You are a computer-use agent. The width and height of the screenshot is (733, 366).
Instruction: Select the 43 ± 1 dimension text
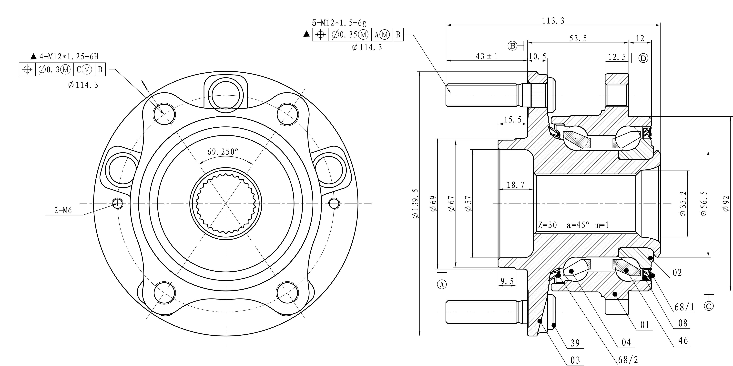[x=487, y=56]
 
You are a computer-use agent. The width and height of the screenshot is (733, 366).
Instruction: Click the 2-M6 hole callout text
[x=63, y=211]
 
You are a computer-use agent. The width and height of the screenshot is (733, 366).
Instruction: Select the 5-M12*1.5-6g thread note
[x=339, y=22]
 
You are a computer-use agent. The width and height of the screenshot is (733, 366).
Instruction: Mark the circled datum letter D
[x=643, y=58]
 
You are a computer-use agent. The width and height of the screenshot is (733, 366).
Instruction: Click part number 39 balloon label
[x=575, y=343]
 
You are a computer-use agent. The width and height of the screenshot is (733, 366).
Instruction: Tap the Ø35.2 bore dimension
[x=683, y=203]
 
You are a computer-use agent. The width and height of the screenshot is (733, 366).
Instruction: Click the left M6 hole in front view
[x=118, y=203]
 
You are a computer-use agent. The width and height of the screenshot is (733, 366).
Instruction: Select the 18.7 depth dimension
[x=516, y=185]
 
